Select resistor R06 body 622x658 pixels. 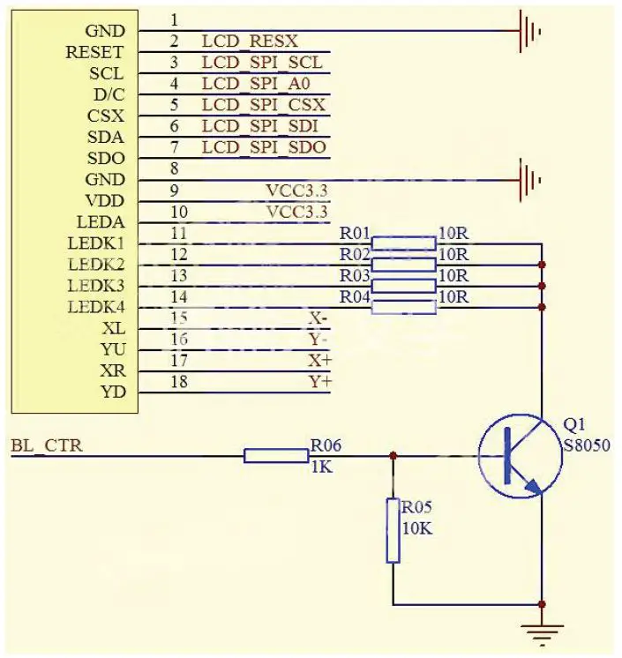[275, 456]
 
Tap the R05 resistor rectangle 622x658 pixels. [393, 530]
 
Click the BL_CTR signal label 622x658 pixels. [47, 446]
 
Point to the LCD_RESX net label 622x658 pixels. [250, 41]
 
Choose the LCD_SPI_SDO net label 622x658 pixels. [264, 147]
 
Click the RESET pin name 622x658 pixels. [94, 53]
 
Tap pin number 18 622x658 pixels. [178, 382]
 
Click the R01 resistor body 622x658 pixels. [403, 243]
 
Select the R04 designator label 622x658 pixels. [355, 296]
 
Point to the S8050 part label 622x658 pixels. [586, 445]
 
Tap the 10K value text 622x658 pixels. [417, 528]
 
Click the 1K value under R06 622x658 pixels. [321, 467]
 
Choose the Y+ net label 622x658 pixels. [319, 382]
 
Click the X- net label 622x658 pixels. [318, 318]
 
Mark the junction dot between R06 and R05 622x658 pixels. [393, 456]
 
